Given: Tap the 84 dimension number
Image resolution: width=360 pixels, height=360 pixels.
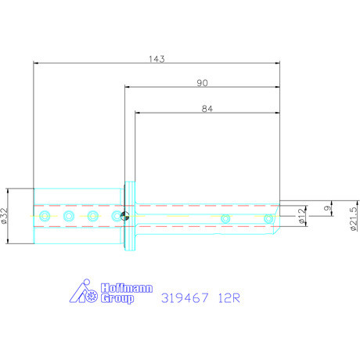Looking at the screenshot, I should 207,110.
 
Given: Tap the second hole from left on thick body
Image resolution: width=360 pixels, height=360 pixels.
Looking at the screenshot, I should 69,215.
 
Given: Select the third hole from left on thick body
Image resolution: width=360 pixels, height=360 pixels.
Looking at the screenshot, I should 92,215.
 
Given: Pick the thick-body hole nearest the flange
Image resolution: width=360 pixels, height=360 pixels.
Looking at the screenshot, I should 116,215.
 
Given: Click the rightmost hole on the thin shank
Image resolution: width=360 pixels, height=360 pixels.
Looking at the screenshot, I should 268,218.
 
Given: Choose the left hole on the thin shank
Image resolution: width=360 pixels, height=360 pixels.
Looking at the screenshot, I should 225,218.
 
